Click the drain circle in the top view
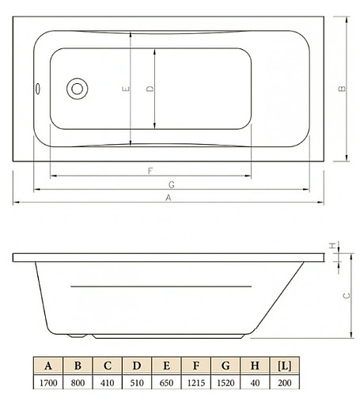pos(78,89)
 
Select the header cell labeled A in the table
pos(48,366)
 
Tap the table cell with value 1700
pos(48,382)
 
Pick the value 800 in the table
pos(78,382)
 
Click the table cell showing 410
pos(107,382)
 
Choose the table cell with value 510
pos(136,382)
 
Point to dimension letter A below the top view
pos(168,198)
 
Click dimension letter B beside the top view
pos(341,89)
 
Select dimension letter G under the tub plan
pos(171,184)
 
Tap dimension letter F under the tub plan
pos(150,171)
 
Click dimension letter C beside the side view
pos(345,294)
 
